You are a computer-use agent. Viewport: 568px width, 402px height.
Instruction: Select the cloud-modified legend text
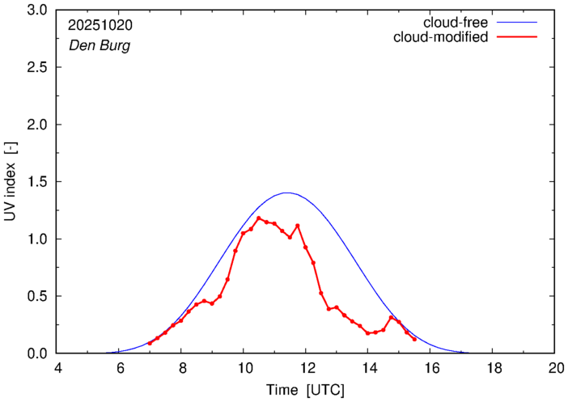point(441,37)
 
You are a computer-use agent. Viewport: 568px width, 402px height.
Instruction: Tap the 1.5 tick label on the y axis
point(37,182)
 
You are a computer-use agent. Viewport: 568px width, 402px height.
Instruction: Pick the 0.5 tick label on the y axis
point(37,296)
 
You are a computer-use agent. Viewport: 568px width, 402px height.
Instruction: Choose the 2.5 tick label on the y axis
point(37,68)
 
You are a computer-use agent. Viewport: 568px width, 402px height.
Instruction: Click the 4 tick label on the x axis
point(57,368)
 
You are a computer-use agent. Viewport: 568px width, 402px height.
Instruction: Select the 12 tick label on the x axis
point(306,368)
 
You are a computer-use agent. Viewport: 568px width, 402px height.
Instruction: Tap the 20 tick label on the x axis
point(555,368)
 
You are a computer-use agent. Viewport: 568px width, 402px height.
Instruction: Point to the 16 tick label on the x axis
point(430,368)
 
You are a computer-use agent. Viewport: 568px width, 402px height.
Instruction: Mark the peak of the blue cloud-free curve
point(286,193)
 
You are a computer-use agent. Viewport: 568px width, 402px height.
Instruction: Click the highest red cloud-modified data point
point(259,218)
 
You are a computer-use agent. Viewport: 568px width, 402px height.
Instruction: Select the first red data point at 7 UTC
point(150,343)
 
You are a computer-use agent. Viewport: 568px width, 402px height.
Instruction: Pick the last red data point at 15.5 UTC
point(414,339)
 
